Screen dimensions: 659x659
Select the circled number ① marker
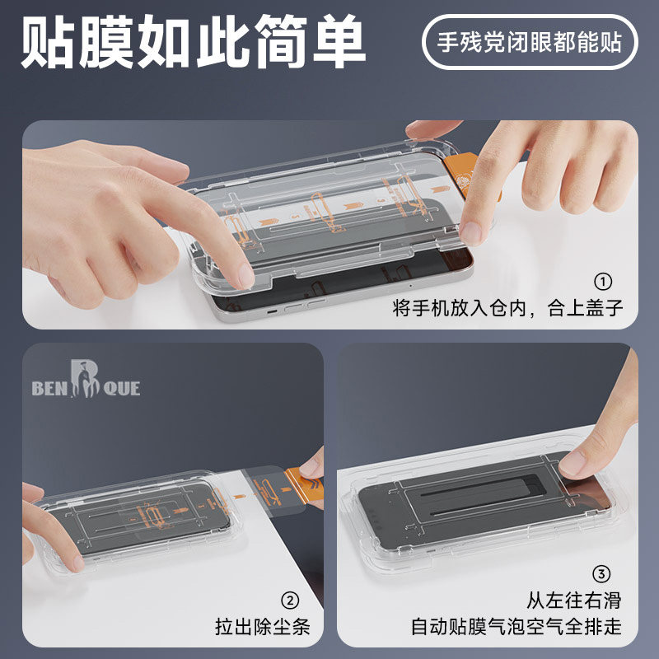604,282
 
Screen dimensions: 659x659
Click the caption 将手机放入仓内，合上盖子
507,309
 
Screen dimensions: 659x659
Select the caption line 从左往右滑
573,600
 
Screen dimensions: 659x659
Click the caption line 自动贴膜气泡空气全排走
516,628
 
